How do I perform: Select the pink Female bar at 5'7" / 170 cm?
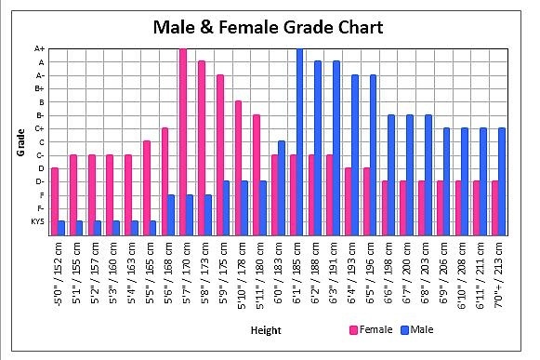point(182,140)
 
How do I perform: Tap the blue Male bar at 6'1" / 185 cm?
point(299,140)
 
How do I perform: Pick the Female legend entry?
point(371,329)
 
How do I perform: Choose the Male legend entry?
point(418,329)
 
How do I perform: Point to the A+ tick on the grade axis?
point(40,48)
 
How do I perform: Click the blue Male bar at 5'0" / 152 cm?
point(61,227)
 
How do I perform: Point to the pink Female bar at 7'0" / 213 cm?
point(495,207)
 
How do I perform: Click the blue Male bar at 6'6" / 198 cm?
point(391,174)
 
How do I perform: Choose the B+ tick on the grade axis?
point(40,88)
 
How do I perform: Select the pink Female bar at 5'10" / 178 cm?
point(238,167)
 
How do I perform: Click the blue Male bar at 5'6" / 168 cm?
point(171,214)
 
